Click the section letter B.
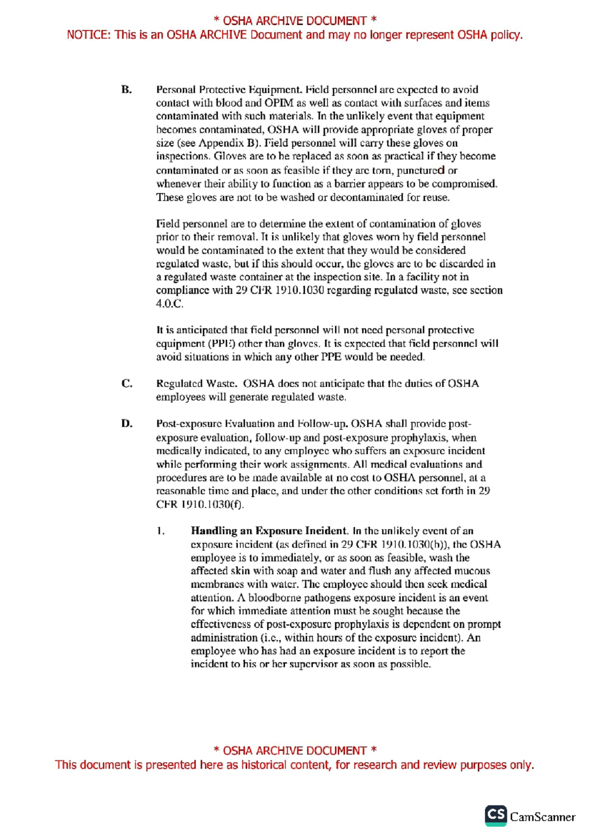pos(126,90)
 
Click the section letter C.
pos(126,384)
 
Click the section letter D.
pos(126,424)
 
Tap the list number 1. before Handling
pos(160,531)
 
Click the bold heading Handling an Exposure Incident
pos(269,531)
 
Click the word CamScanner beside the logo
pos(542,817)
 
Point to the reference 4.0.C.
pos(170,304)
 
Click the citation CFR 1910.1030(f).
pos(200,505)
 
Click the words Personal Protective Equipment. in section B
pos(229,90)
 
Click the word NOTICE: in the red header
pos(88,35)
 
